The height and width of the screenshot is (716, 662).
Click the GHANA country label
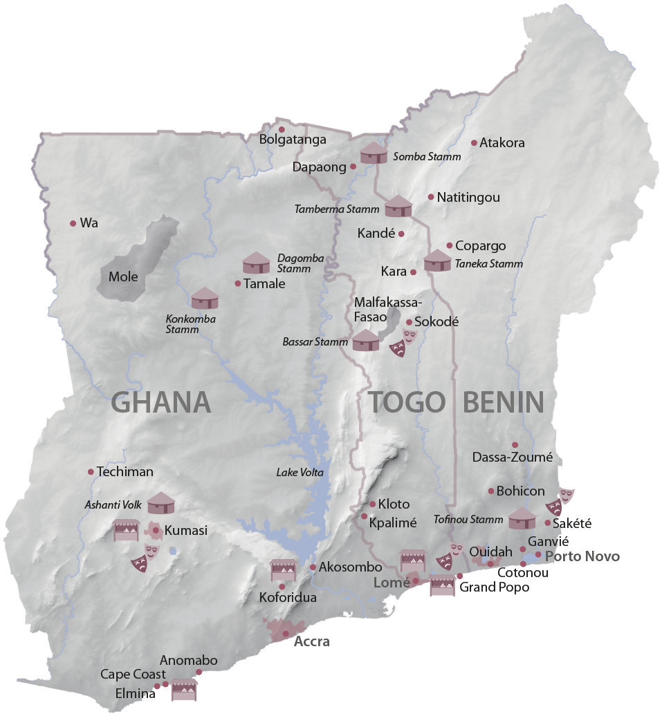pyautogui.click(x=160, y=402)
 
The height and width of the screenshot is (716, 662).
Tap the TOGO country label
pyautogui.click(x=406, y=402)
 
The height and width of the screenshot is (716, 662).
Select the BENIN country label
pyautogui.click(x=503, y=402)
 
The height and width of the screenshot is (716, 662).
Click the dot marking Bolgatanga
pyautogui.click(x=282, y=129)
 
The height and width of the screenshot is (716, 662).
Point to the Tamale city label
pyautogui.click(x=264, y=283)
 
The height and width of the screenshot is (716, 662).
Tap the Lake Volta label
pyautogui.click(x=300, y=473)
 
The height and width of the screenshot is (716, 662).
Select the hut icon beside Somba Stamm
pyautogui.click(x=374, y=153)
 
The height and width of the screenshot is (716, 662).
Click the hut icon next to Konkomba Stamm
pyautogui.click(x=205, y=299)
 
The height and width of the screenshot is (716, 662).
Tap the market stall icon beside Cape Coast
pyautogui.click(x=185, y=690)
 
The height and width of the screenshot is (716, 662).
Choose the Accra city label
pyautogui.click(x=312, y=641)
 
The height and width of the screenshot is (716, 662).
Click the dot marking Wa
pyautogui.click(x=73, y=223)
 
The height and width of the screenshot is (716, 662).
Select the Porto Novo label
pyautogui.click(x=582, y=556)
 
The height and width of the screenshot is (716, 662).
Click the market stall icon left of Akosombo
pyautogui.click(x=284, y=570)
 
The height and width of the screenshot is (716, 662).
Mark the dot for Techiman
pyautogui.click(x=91, y=472)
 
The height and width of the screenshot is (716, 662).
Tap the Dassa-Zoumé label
pyautogui.click(x=513, y=457)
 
